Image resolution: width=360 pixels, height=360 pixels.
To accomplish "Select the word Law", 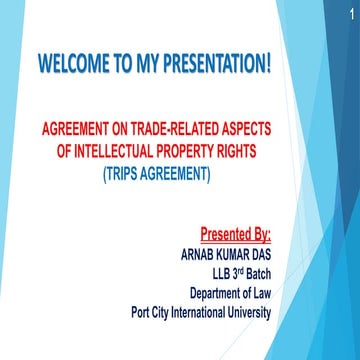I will (x=259, y=292).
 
